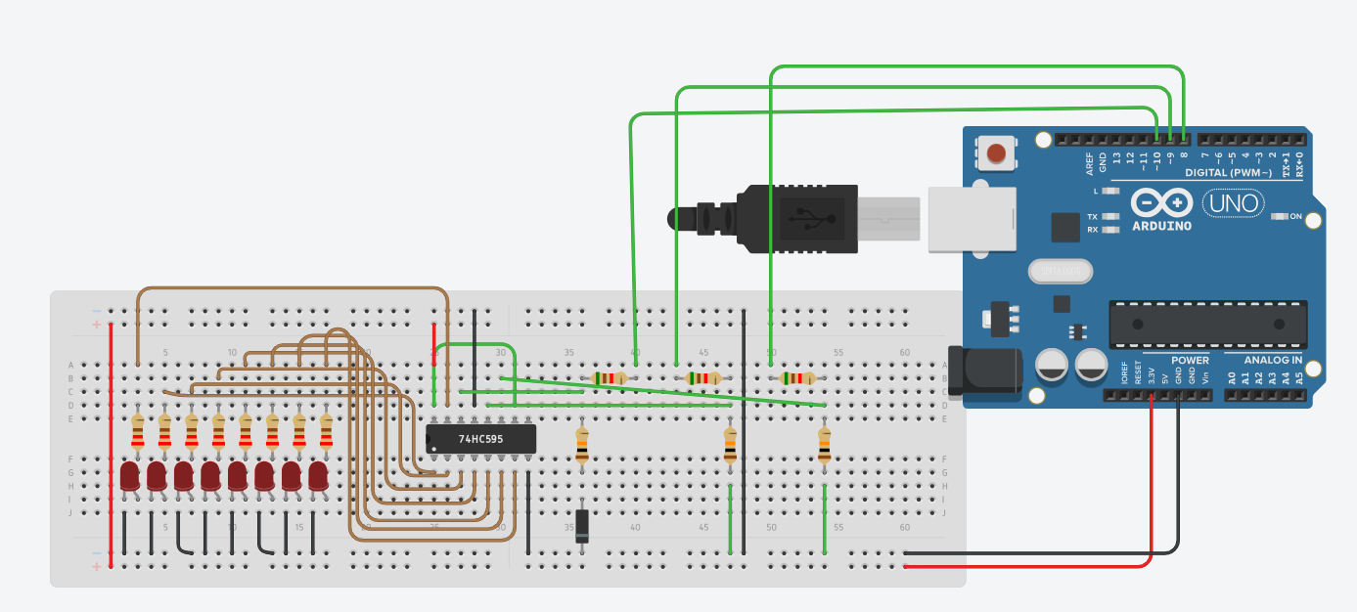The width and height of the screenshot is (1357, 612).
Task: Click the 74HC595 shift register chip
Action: tap(481, 439)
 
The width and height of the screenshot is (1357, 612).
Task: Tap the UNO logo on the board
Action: tap(1233, 204)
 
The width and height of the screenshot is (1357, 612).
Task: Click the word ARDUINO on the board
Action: tap(1161, 226)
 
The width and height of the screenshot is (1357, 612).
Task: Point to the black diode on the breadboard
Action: tap(582, 526)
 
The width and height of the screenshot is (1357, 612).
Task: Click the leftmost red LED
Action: tap(130, 477)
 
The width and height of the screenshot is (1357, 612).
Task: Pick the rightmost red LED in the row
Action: tap(318, 477)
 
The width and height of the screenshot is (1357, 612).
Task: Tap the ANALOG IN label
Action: tap(1273, 360)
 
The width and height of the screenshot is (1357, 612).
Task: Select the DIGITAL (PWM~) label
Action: tap(1229, 173)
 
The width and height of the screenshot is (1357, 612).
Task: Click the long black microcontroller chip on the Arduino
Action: tap(1207, 324)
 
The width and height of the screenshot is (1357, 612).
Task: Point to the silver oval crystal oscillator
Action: tap(1059, 270)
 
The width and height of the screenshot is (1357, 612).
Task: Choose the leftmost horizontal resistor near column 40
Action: tap(609, 378)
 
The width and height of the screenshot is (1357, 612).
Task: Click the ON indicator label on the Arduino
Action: tap(1295, 216)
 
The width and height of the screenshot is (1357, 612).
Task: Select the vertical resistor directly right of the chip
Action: tap(582, 446)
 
